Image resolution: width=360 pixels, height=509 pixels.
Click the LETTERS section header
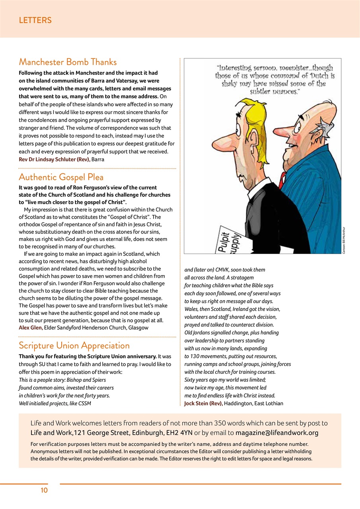[x=35, y=20]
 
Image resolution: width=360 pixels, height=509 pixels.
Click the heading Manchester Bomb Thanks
[x=68, y=62]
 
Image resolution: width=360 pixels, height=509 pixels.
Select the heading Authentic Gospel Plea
[x=61, y=177]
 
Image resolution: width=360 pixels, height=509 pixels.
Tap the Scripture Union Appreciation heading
[x=74, y=345]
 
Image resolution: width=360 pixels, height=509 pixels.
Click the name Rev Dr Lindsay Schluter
[x=54, y=159]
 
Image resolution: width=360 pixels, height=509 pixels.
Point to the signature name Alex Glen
[x=31, y=328]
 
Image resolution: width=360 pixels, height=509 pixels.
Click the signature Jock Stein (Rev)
[x=203, y=403]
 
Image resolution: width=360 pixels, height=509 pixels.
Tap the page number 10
[x=44, y=490]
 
